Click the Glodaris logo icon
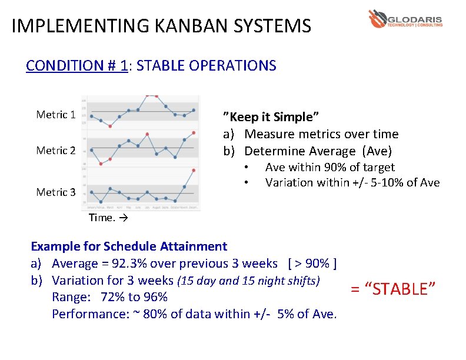point(377,19)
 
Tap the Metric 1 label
point(55,115)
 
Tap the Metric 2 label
point(55,151)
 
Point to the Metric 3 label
point(55,192)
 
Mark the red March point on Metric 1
point(110,126)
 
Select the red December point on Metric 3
point(194,170)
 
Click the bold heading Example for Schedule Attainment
point(128,246)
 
